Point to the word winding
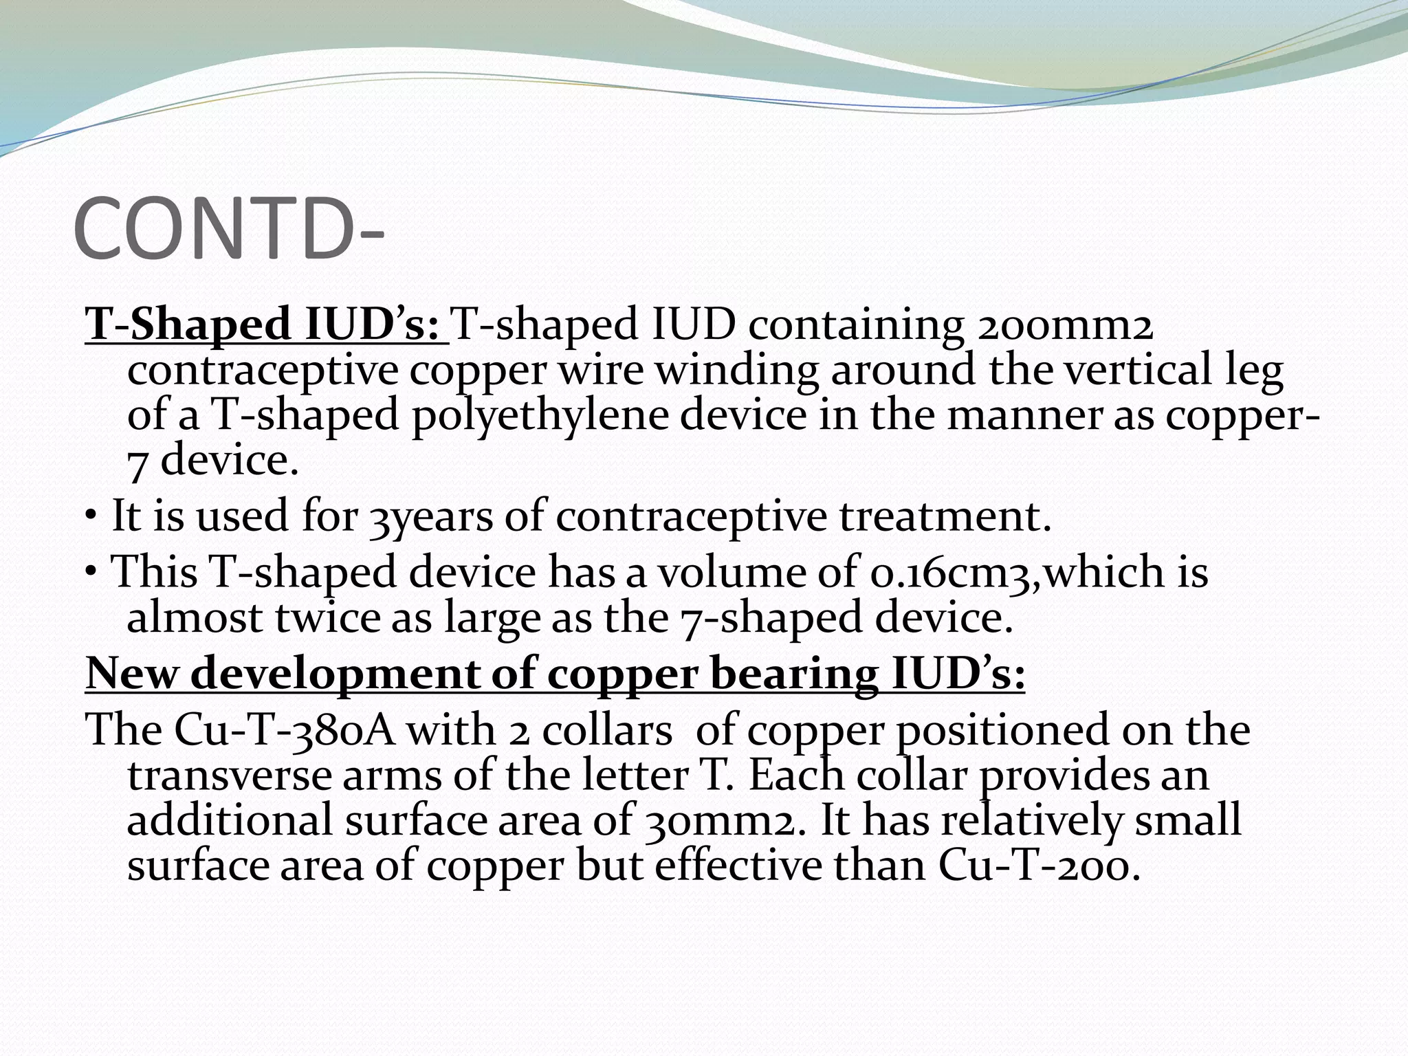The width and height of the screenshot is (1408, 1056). (x=736, y=370)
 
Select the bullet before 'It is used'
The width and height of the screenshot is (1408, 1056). (x=91, y=518)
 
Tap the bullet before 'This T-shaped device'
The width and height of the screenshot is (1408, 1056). (x=91, y=573)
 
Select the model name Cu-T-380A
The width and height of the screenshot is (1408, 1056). (x=284, y=729)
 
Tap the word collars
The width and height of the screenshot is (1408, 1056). (x=607, y=729)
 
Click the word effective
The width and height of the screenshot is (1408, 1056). (x=738, y=865)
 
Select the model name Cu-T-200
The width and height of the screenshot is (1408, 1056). (x=1039, y=865)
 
